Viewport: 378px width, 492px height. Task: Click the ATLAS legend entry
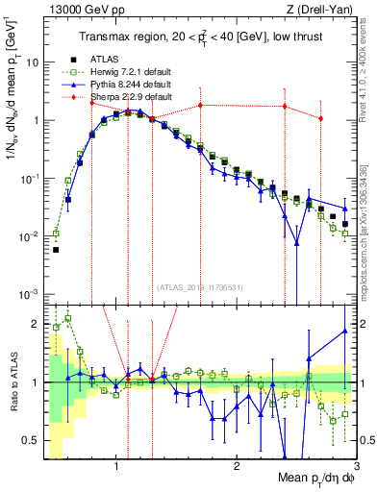pos(104,60)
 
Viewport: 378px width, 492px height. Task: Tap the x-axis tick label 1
pos(115,465)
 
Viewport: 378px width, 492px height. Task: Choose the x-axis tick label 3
pos(357,465)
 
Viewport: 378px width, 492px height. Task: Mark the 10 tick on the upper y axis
pos(33,62)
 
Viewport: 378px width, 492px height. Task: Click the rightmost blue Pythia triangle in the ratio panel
pos(344,332)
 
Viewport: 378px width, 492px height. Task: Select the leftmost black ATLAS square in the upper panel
pos(56,249)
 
